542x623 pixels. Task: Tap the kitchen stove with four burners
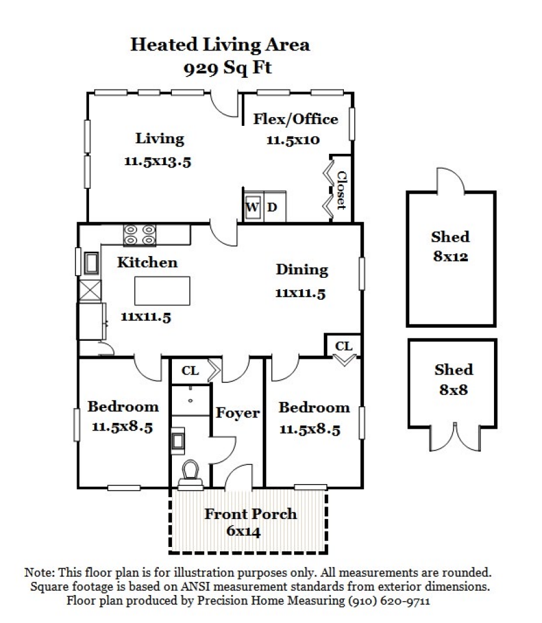[140, 235]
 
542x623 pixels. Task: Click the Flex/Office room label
[295, 119]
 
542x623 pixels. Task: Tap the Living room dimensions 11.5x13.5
[157, 161]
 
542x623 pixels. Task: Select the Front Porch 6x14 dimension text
[243, 531]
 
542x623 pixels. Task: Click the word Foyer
[237, 412]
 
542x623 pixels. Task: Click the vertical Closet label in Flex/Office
[341, 190]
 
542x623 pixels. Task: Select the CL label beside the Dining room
[343, 346]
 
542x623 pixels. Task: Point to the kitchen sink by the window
[90, 263]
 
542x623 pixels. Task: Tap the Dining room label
[302, 269]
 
